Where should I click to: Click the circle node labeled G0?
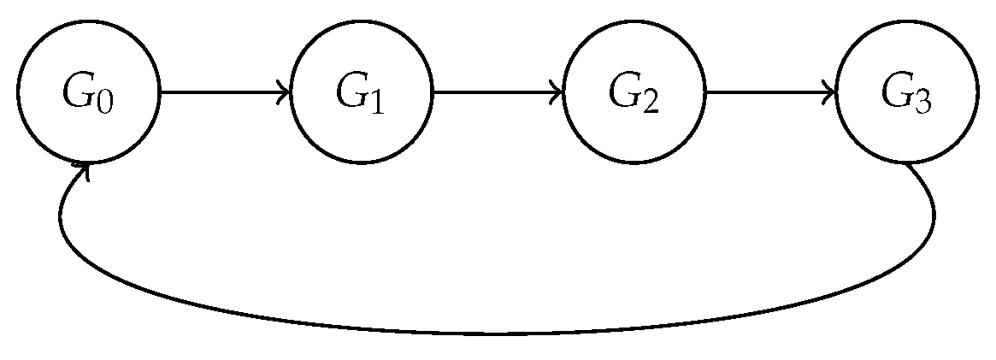[x=89, y=91]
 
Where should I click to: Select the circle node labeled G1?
[x=362, y=91]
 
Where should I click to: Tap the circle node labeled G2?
[x=634, y=91]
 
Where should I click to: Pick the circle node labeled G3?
[x=906, y=91]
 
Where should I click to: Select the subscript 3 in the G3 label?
[x=922, y=100]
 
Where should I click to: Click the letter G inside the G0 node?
[x=78, y=90]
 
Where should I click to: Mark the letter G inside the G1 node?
[x=351, y=90]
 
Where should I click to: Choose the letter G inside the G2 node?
[x=624, y=90]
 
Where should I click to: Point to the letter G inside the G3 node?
[x=896, y=90]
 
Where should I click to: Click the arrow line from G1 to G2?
[x=496, y=91]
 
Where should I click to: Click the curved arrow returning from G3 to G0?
[x=496, y=333]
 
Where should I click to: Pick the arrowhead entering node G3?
[x=830, y=91]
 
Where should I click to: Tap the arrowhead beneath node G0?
[x=82, y=168]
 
